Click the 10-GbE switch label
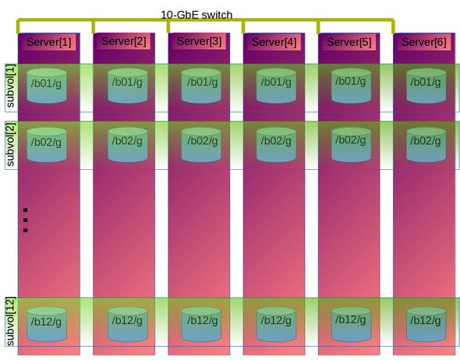[196, 15]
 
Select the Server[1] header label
[48, 42]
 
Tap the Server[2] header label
[123, 41]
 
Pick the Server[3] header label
[199, 41]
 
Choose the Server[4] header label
[274, 42]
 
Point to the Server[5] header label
[349, 42]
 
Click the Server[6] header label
[424, 42]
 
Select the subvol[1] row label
[10, 86]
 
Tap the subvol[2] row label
[10, 145]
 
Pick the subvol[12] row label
[10, 322]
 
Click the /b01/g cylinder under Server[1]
[47, 86]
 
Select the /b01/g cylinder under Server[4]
[276, 86]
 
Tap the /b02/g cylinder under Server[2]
[128, 144]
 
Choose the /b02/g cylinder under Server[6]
[426, 144]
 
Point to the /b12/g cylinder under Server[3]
[201, 324]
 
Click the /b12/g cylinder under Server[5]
[351, 324]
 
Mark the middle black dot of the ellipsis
[25, 221]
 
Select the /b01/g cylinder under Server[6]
[426, 86]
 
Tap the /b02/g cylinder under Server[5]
[351, 144]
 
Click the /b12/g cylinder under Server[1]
[47, 324]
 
